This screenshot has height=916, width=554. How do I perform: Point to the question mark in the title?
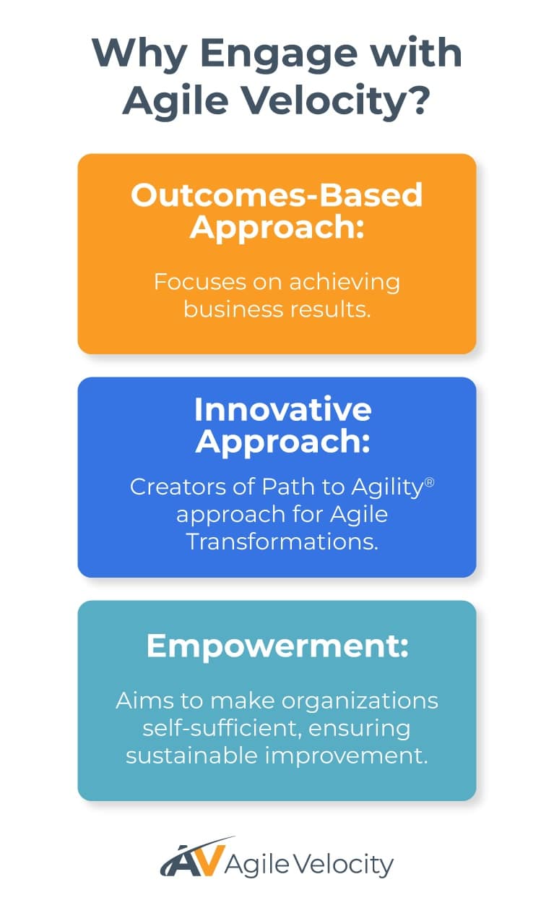[418, 100]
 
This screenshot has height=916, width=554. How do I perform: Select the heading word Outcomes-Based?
[277, 195]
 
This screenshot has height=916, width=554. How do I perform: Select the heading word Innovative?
[282, 410]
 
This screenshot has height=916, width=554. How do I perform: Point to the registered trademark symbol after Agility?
[429, 480]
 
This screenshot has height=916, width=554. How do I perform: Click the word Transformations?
[282, 541]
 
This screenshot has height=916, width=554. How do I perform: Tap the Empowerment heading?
[277, 646]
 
